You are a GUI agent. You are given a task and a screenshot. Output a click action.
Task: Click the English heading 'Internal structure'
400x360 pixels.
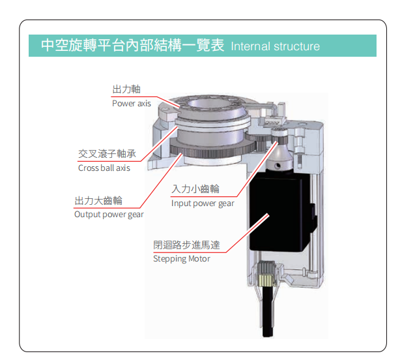pyautogui.click(x=275, y=46)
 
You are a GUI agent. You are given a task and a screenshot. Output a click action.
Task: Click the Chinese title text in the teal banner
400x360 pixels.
pyautogui.click(x=133, y=45)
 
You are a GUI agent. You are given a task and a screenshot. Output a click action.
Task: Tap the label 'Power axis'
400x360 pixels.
pyautogui.click(x=132, y=104)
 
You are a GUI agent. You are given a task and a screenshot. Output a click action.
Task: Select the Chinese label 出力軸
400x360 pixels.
pyautogui.click(x=126, y=89)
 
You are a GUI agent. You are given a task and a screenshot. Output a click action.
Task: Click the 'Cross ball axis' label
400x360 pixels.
pyautogui.click(x=104, y=168)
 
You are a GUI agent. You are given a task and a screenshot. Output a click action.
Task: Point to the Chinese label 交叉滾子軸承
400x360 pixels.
pyautogui.click(x=107, y=154)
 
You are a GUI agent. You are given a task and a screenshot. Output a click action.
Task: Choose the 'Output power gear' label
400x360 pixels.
pyautogui.click(x=109, y=215)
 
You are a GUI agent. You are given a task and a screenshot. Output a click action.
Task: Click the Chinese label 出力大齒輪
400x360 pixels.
pyautogui.click(x=98, y=201)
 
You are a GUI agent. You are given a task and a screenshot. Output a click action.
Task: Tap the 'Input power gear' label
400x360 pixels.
pyautogui.click(x=203, y=203)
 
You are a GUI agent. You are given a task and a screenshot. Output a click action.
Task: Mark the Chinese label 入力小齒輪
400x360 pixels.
pyautogui.click(x=195, y=189)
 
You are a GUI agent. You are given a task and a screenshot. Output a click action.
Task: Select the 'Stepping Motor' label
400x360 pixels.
pyautogui.click(x=182, y=259)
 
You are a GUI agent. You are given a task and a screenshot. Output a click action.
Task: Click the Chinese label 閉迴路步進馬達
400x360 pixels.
pyautogui.click(x=186, y=245)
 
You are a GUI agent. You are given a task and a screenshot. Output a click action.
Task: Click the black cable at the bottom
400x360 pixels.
pyautogui.click(x=268, y=312)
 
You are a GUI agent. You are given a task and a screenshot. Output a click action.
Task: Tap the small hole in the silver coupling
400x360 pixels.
pyautogui.click(x=278, y=166)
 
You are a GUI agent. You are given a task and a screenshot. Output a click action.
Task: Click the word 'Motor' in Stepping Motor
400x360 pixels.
pyautogui.click(x=199, y=259)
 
